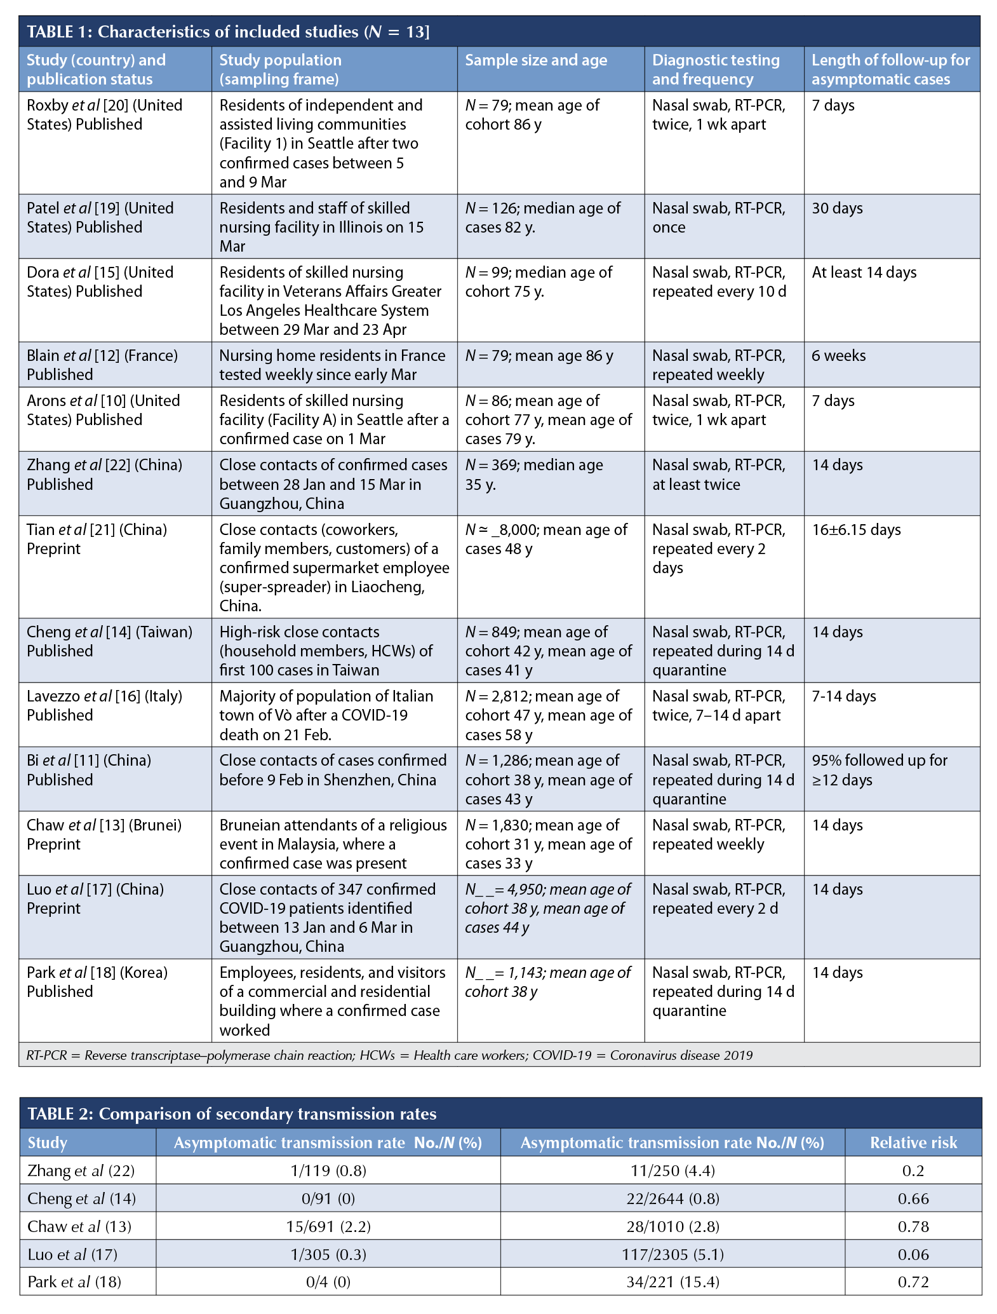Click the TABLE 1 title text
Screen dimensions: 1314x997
pyautogui.click(x=228, y=32)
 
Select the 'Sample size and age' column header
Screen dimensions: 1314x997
pyautogui.click(x=536, y=60)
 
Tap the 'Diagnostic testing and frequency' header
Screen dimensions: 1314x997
pyautogui.click(x=716, y=69)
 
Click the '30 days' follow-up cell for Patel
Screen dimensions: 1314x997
pyautogui.click(x=837, y=208)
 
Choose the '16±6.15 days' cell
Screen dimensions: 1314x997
pyautogui.click(x=856, y=530)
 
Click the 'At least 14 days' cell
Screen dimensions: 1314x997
pyautogui.click(x=864, y=273)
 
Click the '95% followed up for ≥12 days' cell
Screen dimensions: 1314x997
pyautogui.click(x=879, y=770)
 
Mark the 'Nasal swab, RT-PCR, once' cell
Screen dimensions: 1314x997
pyautogui.click(x=718, y=218)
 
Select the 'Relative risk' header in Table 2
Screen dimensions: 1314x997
pyautogui.click(x=913, y=1143)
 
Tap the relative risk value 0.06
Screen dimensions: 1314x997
pyautogui.click(x=913, y=1254)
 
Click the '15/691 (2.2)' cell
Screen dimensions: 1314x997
pyautogui.click(x=328, y=1226)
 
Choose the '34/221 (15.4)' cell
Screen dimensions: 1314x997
pyautogui.click(x=672, y=1282)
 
